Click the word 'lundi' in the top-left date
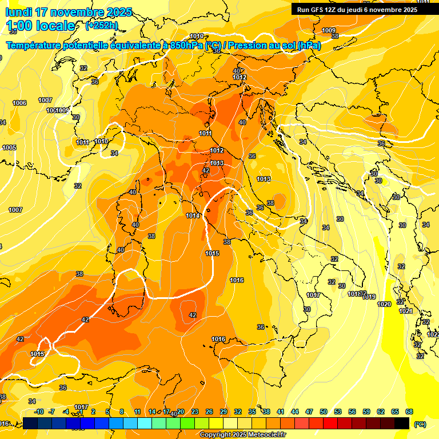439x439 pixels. [x=19, y=12]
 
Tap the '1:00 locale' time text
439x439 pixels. [x=40, y=26]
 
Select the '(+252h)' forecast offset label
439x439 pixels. [x=102, y=26]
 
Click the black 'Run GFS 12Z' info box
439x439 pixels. [x=357, y=9]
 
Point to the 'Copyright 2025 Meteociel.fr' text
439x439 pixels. [x=242, y=435]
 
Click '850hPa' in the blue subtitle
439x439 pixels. [x=186, y=45]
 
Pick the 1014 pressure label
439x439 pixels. [x=193, y=215]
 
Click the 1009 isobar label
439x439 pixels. [x=329, y=30]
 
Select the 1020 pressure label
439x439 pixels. [x=385, y=304]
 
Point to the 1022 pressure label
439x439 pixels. [x=433, y=334]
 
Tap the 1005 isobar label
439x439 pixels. [x=9, y=147]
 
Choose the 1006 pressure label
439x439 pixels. [x=19, y=103]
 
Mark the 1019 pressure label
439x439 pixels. [x=369, y=297]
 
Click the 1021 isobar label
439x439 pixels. [x=405, y=311]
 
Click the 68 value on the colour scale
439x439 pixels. [x=409, y=412]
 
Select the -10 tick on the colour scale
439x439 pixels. [x=39, y=412]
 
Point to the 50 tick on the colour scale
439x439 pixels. [x=324, y=412]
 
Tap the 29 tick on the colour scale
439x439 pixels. [x=224, y=412]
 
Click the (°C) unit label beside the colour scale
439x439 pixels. [x=420, y=424]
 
